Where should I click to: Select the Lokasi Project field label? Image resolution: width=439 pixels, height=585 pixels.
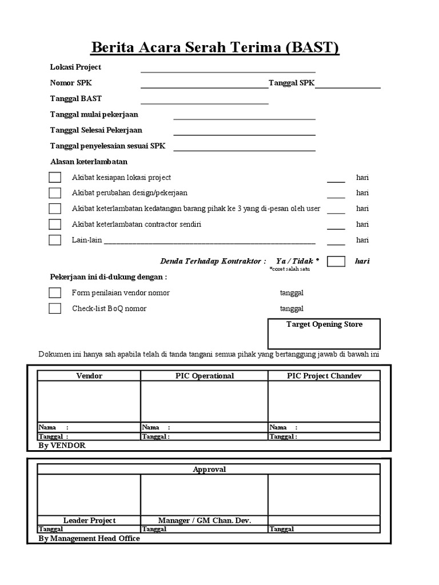tap(75, 67)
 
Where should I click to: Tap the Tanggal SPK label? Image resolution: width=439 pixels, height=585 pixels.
tap(292, 83)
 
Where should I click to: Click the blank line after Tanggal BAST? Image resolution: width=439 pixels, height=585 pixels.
tap(205, 103)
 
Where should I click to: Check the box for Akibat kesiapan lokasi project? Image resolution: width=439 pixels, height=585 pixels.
tap(55, 178)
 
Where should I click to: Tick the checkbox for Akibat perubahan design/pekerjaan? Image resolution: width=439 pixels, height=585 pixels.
tap(55, 193)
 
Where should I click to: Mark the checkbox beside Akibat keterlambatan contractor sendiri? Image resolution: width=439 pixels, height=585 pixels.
tap(55, 225)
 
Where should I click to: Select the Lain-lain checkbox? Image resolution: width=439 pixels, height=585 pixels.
tap(55, 240)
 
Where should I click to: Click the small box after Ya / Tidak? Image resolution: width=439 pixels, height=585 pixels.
tap(336, 261)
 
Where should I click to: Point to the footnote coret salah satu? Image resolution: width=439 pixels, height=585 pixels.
tap(289, 269)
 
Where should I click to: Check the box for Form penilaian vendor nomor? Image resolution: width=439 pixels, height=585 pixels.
tap(55, 293)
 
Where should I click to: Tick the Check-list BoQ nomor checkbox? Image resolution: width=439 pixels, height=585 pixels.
tap(55, 308)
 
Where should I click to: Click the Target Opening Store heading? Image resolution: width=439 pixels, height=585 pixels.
tap(324, 324)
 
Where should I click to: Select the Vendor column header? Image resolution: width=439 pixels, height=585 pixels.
tap(89, 376)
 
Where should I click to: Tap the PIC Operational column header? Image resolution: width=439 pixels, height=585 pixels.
tap(204, 376)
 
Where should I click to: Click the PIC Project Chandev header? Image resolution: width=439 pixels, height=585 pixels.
tap(324, 376)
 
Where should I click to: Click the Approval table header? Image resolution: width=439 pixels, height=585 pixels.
tap(209, 470)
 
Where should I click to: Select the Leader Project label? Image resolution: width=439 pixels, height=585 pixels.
tap(89, 520)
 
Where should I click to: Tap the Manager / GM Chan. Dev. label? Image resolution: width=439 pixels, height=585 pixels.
tap(204, 520)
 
